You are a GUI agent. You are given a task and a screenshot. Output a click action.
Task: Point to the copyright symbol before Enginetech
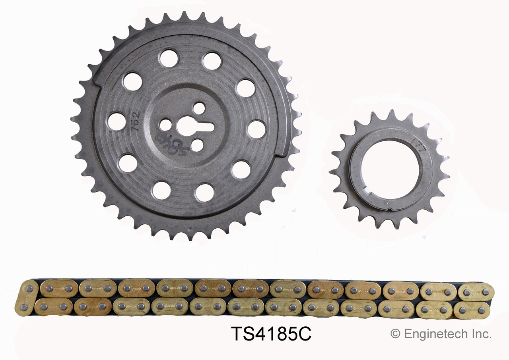coord(395,334)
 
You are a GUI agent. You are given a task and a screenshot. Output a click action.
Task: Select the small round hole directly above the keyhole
coord(198,108)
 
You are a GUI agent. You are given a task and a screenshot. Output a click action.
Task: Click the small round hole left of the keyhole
coord(165,125)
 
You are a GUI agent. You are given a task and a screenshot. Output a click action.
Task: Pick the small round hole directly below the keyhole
coord(197,145)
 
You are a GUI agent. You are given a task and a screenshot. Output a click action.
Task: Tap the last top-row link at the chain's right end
coord(476,292)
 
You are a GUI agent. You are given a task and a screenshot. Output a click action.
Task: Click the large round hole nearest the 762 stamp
coord(117,121)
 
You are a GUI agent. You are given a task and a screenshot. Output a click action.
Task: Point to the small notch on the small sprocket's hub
coord(390,209)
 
